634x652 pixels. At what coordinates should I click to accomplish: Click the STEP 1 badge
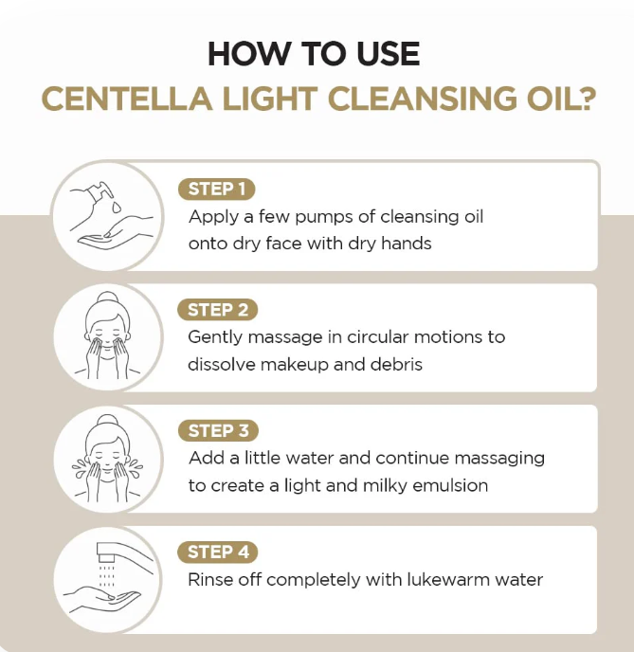pyautogui.click(x=216, y=190)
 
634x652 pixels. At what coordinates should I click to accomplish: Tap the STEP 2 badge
pyautogui.click(x=217, y=310)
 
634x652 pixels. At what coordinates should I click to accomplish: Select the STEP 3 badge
pyautogui.click(x=218, y=431)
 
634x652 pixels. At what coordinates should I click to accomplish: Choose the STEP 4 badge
pyautogui.click(x=217, y=552)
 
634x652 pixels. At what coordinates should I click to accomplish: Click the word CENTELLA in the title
pyautogui.click(x=127, y=99)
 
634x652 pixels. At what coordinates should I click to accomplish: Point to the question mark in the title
pyautogui.click(x=586, y=99)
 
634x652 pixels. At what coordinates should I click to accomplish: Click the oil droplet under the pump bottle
pyautogui.click(x=116, y=207)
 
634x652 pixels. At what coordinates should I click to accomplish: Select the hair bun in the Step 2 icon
pyautogui.click(x=107, y=299)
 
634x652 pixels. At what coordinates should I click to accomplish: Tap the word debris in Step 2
pyautogui.click(x=396, y=364)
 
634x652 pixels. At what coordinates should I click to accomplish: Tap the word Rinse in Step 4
pyautogui.click(x=210, y=580)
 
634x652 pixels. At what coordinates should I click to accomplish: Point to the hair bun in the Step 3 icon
pyautogui.click(x=107, y=421)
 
